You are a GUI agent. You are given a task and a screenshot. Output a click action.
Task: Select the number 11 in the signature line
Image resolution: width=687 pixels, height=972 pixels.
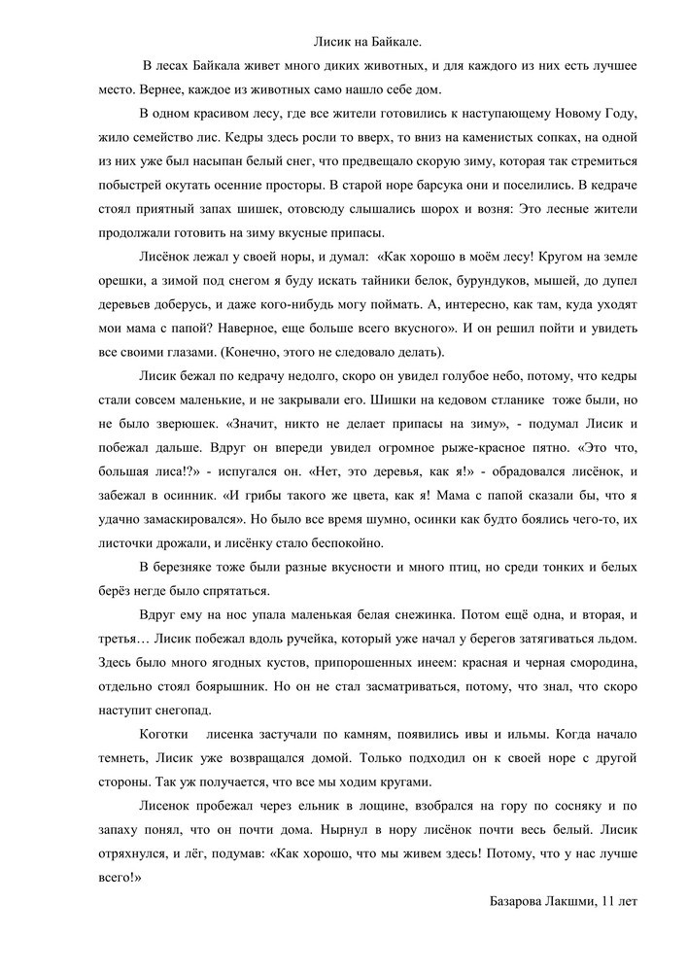(x=608, y=902)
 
